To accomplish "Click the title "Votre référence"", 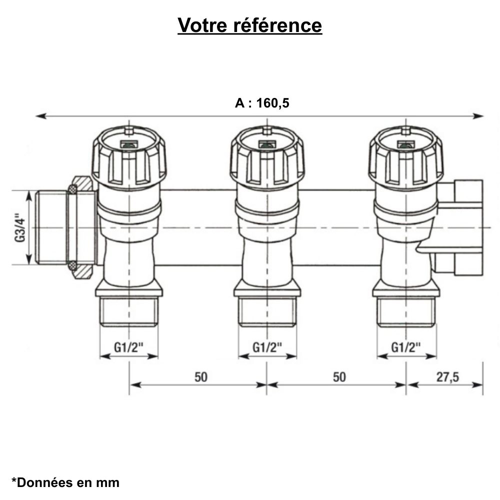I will pos(250,25).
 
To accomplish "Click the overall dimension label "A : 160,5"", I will pos(262,103).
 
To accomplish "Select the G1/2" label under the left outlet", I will pos(129,346).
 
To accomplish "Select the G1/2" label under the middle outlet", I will pos(267,346).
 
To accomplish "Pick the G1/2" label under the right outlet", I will pos(406,346).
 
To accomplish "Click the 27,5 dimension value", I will pos(447,377).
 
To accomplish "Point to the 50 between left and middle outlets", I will pos(200,377).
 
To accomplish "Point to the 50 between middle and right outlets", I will pos(339,377).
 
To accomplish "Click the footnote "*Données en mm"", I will pos(65,482).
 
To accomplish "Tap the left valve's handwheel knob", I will pos(129,157).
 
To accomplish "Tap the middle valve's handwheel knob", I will pos(267,157).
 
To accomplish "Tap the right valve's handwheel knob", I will pos(405,157).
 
